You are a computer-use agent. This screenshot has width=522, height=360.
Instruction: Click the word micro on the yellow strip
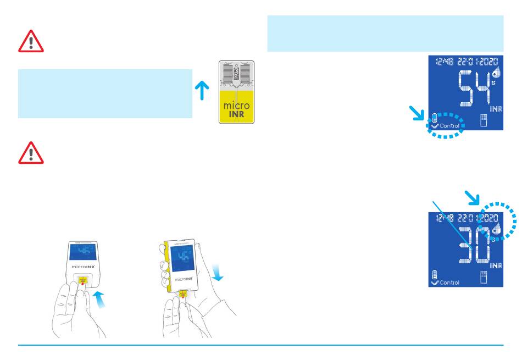point(237,105)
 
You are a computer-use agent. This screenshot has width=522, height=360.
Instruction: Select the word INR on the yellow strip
point(237,115)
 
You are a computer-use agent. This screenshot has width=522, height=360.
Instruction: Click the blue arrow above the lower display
point(471,195)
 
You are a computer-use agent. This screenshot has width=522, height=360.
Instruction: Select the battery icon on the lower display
point(435,274)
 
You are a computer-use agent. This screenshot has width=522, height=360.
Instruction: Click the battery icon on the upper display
point(435,117)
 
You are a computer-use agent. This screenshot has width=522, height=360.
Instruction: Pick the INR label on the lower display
point(496,266)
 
